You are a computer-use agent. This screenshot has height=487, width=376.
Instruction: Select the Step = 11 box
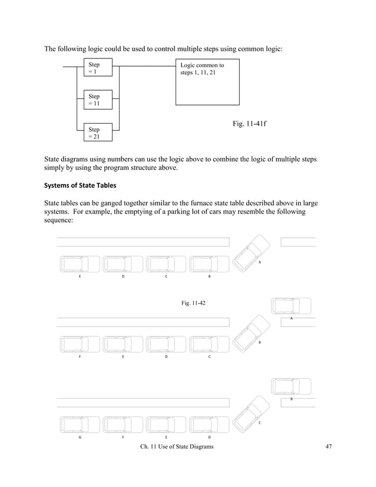coord(95,100)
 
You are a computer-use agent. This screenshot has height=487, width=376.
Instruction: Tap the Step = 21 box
coord(95,133)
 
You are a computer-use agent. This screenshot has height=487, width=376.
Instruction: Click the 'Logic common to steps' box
coord(207,83)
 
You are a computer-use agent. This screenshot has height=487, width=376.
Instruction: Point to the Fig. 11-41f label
coord(250,125)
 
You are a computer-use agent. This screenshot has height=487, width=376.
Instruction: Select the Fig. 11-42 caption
coord(193,303)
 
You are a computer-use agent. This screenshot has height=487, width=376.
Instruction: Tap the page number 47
coord(329,448)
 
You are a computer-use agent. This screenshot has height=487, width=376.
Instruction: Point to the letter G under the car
coord(80,437)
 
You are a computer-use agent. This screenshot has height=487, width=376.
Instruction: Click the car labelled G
coord(80,424)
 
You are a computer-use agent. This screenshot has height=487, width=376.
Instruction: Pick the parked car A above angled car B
coord(291,307)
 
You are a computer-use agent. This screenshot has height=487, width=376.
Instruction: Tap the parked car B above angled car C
coord(291,387)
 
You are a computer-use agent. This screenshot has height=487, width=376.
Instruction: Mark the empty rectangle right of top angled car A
coord(298,242)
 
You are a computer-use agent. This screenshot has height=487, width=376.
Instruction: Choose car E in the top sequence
coord(80,264)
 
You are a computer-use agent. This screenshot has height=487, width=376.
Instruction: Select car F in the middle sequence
coord(80,344)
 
